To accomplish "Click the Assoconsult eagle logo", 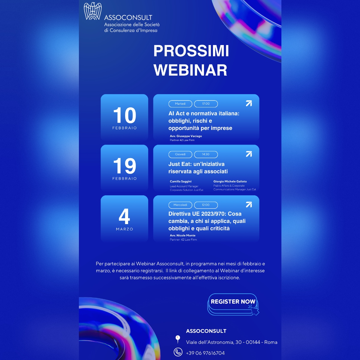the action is pyautogui.click(x=93, y=11).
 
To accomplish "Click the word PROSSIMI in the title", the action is pyautogui.click(x=191, y=51).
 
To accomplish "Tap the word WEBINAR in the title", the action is pyautogui.click(x=190, y=70).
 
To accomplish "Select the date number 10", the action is pyautogui.click(x=124, y=115).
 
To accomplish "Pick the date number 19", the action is pyautogui.click(x=124, y=166).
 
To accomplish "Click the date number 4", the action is pyautogui.click(x=124, y=217).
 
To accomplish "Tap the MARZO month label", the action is pyautogui.click(x=124, y=229).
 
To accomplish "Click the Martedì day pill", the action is pyautogui.click(x=180, y=104).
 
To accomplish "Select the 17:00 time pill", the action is pyautogui.click(x=206, y=104).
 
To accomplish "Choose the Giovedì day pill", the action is pyautogui.click(x=180, y=154).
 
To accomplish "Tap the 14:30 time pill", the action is pyautogui.click(x=206, y=154).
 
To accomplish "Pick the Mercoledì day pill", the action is pyautogui.click(x=180, y=205).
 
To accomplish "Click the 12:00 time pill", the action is pyautogui.click(x=206, y=205).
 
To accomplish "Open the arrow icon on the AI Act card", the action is pyautogui.click(x=249, y=103).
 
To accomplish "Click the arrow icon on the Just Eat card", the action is pyautogui.click(x=249, y=154).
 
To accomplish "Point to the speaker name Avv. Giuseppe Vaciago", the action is pyautogui.click(x=186, y=136).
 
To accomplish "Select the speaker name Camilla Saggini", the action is pyautogui.click(x=181, y=181).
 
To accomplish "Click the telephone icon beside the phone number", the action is pyautogui.click(x=178, y=352).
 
